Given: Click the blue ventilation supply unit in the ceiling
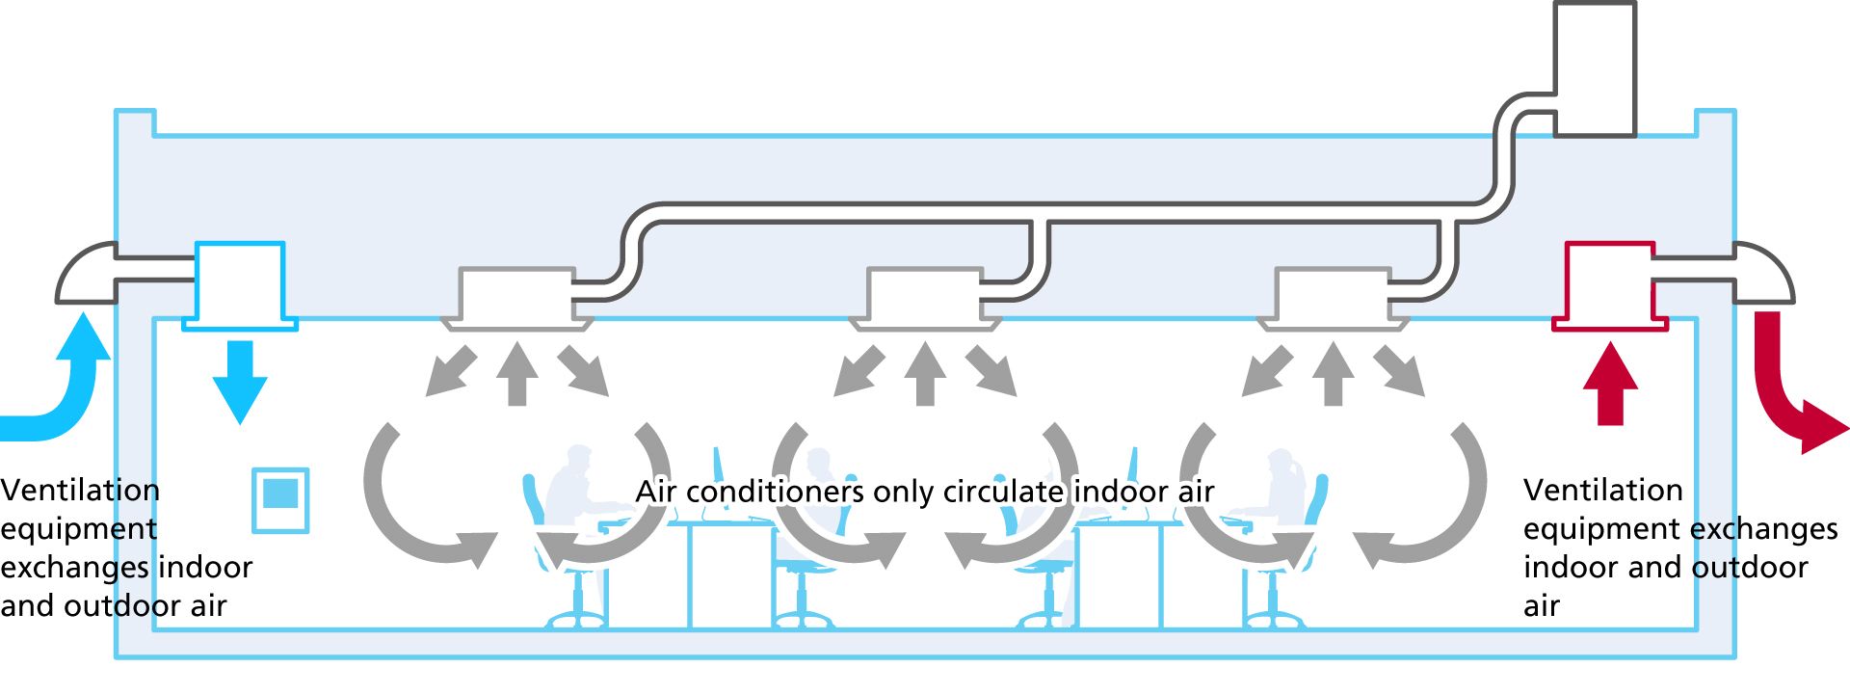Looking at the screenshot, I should point(240,284).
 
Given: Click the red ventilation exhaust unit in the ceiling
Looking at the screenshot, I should point(1609,285).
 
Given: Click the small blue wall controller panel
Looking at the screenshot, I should point(280,499).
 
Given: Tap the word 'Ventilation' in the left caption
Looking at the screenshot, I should point(80,490).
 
